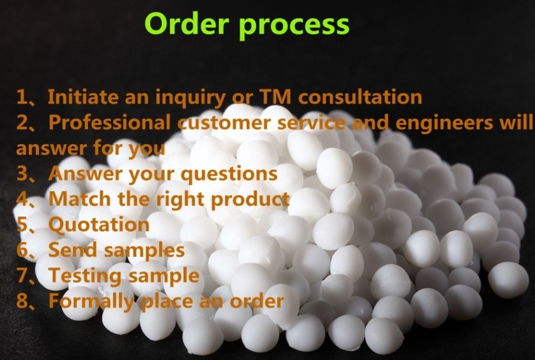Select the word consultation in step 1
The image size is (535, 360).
tap(360, 97)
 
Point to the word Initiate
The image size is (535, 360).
tap(83, 97)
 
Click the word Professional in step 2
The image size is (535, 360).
tap(110, 122)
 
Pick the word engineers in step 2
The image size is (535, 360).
tap(444, 123)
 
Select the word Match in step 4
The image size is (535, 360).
tap(80, 199)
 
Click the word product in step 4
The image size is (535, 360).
tap(250, 200)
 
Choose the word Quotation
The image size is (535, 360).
tap(99, 225)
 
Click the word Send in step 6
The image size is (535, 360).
tap(73, 250)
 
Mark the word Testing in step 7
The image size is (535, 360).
tap(85, 276)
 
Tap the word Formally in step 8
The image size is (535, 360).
tap(91, 302)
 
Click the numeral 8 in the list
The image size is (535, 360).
tap(22, 301)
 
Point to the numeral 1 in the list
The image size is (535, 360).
tap(22, 97)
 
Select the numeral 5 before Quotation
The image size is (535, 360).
tap(22, 225)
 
